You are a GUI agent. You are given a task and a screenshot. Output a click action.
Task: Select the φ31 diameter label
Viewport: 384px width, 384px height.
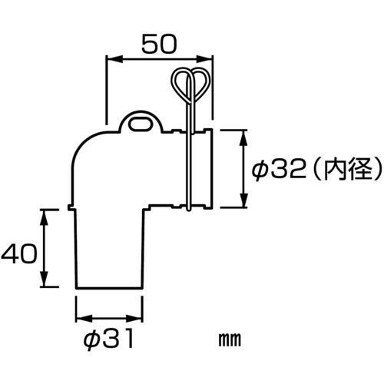[109, 336]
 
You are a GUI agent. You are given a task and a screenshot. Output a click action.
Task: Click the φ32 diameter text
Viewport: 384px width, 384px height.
[279, 169]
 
